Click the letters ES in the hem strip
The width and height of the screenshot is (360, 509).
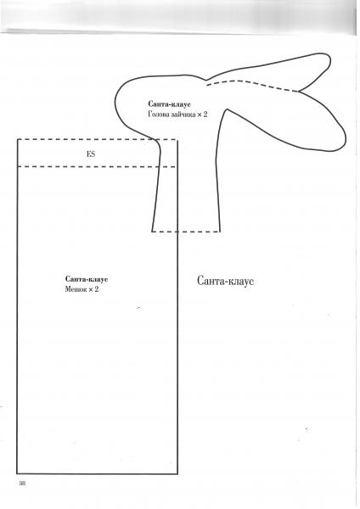pyautogui.click(x=91, y=154)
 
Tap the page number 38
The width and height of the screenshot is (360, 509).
pyautogui.click(x=22, y=483)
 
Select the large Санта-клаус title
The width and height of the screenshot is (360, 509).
pyautogui.click(x=225, y=281)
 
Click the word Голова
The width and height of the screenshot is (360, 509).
pyautogui.click(x=158, y=115)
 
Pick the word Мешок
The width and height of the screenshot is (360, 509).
pyautogui.click(x=76, y=289)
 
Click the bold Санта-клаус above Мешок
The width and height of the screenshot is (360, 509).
pyautogui.click(x=87, y=279)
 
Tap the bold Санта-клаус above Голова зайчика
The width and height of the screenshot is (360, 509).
pyautogui.click(x=169, y=104)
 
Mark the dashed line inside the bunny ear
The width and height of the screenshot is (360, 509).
pyautogui.click(x=252, y=84)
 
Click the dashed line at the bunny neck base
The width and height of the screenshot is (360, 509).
pyautogui.click(x=186, y=232)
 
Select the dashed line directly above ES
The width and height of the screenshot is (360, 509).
pyautogui.click(x=97, y=140)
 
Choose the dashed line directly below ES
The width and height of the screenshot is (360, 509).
pyautogui.click(x=97, y=166)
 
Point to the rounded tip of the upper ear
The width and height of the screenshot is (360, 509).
pyautogui.click(x=330, y=60)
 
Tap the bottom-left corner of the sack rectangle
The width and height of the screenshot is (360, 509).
pyautogui.click(x=17, y=473)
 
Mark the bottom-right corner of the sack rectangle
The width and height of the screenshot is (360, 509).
pyautogui.click(x=177, y=473)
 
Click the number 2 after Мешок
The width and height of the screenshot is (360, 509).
pyautogui.click(x=96, y=289)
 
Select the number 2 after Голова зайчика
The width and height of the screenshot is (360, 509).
pyautogui.click(x=205, y=115)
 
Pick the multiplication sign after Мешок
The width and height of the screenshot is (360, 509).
pyautogui.click(x=91, y=289)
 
